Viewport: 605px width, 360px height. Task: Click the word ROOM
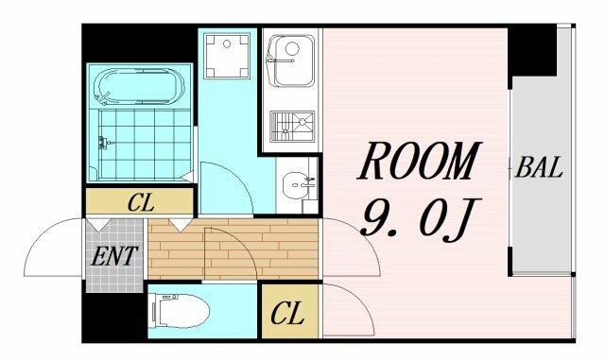coord(420,162)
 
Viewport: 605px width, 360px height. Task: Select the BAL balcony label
coord(539,168)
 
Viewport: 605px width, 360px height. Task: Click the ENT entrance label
coord(114,255)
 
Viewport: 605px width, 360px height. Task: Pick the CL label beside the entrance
coord(141,202)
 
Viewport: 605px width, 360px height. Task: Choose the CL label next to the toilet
coord(287,313)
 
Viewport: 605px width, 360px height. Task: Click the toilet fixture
coord(181,311)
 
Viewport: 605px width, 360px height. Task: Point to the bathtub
coord(139,87)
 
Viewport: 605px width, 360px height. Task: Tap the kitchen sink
coord(291,60)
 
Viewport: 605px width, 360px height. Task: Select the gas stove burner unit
coord(292,127)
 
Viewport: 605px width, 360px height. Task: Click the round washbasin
coord(298,185)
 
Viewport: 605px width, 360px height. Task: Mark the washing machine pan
coord(227,56)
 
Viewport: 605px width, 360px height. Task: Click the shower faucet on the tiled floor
coord(104,143)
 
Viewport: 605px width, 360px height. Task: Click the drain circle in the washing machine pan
coord(227,44)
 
